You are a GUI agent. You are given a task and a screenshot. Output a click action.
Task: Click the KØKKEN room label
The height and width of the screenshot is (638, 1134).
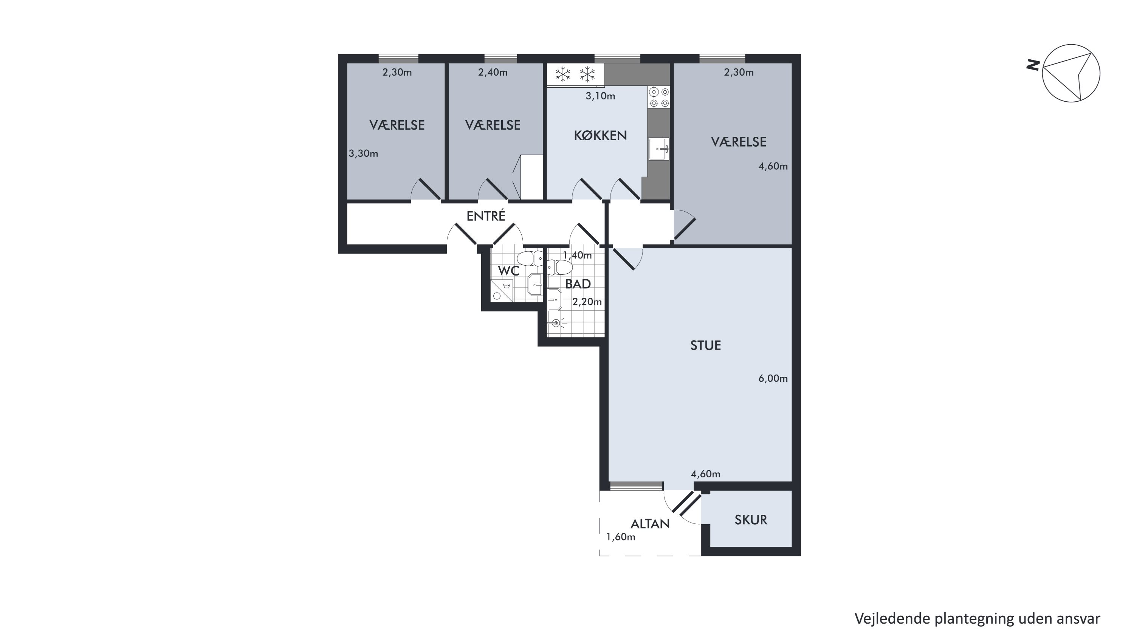600,136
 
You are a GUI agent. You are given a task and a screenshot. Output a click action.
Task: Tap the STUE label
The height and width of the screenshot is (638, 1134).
705,345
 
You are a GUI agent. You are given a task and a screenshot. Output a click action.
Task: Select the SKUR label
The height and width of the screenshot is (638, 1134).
751,520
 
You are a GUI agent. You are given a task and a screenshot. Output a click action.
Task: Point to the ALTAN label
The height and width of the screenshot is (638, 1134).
650,524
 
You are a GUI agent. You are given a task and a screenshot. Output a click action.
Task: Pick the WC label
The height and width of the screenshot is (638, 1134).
508,270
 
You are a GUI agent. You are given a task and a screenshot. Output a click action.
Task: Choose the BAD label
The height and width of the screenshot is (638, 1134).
578,284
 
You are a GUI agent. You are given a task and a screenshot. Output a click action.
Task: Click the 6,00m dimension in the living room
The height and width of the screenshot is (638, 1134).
773,379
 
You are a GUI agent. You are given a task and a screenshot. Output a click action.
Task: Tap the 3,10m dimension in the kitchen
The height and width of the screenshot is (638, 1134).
600,96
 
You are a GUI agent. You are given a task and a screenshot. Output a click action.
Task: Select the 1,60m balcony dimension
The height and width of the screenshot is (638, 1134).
621,537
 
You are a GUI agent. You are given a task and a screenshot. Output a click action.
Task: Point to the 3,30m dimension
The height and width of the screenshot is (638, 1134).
363,154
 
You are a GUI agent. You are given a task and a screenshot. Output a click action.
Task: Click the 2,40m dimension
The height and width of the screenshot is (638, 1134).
493,72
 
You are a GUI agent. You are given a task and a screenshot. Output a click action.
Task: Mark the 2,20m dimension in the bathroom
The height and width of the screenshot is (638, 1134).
587,302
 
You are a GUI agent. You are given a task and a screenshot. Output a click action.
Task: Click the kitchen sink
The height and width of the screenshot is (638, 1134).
658,149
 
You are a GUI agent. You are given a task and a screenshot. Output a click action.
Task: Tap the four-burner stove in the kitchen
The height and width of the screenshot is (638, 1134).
659,97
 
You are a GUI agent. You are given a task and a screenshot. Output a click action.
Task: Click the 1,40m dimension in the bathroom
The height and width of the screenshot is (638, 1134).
577,256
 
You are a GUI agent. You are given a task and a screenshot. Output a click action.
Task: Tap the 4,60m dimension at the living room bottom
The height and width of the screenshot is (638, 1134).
706,474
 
